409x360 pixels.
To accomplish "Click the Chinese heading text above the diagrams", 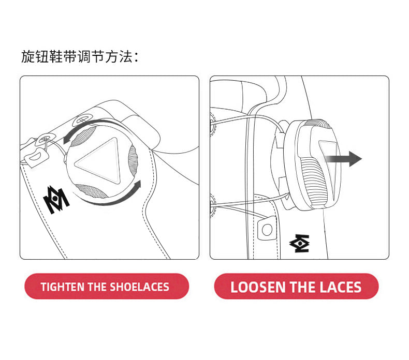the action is point(80,56).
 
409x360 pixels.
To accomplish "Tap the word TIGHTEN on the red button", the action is point(63,287).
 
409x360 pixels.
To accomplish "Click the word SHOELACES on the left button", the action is point(140,287).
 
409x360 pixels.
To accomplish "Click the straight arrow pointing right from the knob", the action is point(344,158).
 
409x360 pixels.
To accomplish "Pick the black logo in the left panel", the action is point(56,200).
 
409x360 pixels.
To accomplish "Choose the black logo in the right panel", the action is point(300,243).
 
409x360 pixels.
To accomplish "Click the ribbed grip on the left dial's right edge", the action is point(133,161).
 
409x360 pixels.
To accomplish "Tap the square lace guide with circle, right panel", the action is point(267,228).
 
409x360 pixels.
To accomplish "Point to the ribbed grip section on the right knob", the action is point(313,180).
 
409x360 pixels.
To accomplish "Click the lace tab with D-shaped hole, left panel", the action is point(37,157).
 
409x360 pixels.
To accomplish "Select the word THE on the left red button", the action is point(97,287).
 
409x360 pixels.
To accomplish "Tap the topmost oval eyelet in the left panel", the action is point(82,119).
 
